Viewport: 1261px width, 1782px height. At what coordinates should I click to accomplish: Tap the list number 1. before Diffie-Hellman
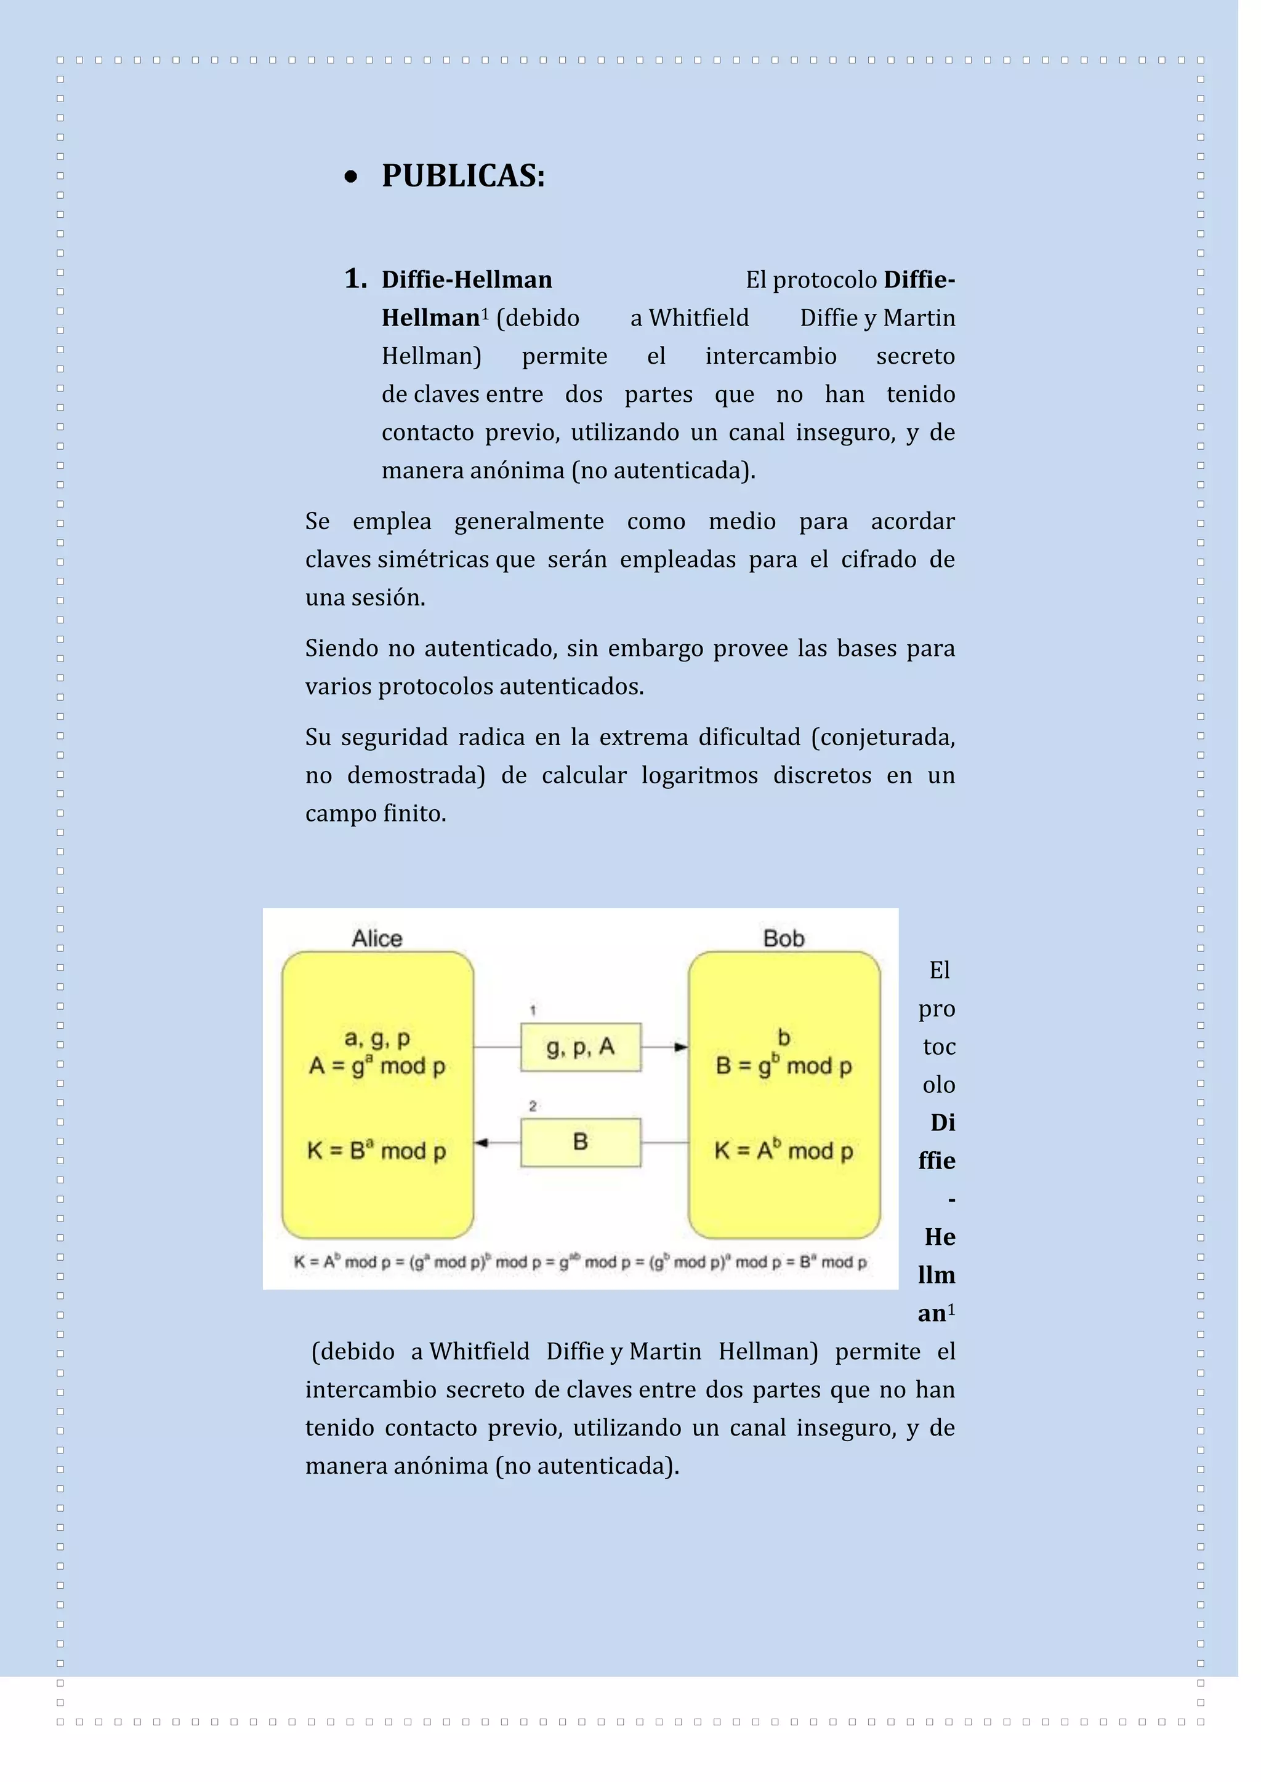pos(356,279)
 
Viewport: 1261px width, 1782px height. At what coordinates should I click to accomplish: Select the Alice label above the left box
pos(377,938)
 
